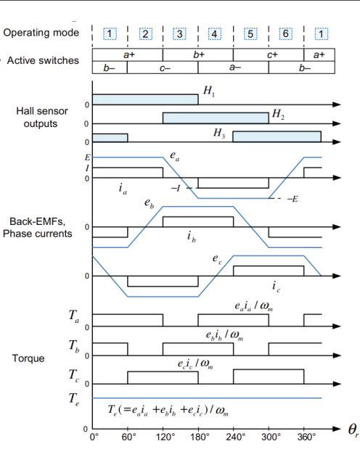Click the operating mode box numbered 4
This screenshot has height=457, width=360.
pyautogui.click(x=215, y=34)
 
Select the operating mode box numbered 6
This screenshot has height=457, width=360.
pyautogui.click(x=285, y=34)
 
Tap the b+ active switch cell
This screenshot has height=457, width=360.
pyautogui.click(x=197, y=54)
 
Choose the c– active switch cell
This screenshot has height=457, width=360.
pyautogui.click(x=162, y=67)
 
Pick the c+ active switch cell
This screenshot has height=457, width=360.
pyautogui.click(x=268, y=54)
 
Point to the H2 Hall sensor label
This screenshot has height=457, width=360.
pyautogui.click(x=279, y=114)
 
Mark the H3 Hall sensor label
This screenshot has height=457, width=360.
pyautogui.click(x=219, y=133)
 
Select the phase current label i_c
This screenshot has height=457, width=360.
pyautogui.click(x=277, y=286)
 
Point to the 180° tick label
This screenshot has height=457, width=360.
pyautogui.click(x=197, y=437)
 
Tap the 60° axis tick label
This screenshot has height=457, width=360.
pyautogui.click(x=128, y=437)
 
